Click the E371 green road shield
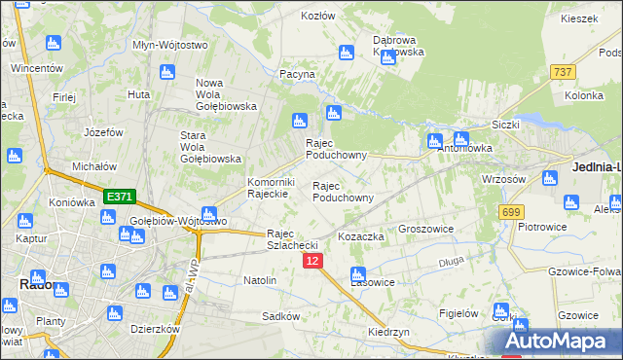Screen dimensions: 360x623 (119, 197)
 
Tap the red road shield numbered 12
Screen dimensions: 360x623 (311, 262)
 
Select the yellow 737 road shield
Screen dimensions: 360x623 (563, 72)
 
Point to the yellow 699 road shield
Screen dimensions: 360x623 (511, 211)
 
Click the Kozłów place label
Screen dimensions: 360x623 (318, 17)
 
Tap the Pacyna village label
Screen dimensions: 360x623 (297, 74)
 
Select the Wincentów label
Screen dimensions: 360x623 (37, 69)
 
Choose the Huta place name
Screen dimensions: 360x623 (138, 94)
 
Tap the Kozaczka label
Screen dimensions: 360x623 (361, 236)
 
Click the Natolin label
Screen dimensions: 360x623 (260, 280)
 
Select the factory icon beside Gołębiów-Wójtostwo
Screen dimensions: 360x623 (208, 213)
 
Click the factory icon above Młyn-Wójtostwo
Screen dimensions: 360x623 (165, 72)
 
